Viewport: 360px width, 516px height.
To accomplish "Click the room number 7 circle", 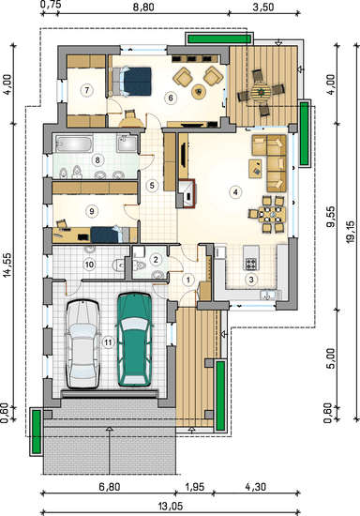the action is coord(87,90).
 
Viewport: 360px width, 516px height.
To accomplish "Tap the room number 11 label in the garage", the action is coord(108,342).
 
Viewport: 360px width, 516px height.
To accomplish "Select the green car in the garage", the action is coord(135,339).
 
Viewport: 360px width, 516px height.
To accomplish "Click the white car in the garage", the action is coord(82,344).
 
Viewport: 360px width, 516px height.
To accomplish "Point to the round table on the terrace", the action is coord(261,92).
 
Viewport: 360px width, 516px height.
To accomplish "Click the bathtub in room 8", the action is coord(74,144).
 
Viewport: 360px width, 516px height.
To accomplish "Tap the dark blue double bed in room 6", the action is coord(132,82).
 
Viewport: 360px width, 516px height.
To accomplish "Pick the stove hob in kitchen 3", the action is coord(251,264).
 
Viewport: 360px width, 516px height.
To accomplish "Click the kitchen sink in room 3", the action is coord(269,296).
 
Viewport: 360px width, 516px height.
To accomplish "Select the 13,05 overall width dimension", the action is coord(171,506).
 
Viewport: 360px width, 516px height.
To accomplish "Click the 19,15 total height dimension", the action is coord(350,232).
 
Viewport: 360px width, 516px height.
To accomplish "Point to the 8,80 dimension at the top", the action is coord(143,7).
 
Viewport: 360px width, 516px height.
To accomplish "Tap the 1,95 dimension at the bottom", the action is coord(195,487).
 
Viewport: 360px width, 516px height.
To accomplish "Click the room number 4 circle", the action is coord(235,191).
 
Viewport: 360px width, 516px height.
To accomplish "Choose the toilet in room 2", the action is coord(140,265).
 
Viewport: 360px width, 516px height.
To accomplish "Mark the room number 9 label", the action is coord(92,210).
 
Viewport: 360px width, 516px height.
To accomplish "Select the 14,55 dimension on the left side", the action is coord(7,265).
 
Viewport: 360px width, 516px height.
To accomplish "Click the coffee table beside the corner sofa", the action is coord(255,169).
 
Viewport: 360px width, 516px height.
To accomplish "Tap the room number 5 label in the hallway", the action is coord(152,185).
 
